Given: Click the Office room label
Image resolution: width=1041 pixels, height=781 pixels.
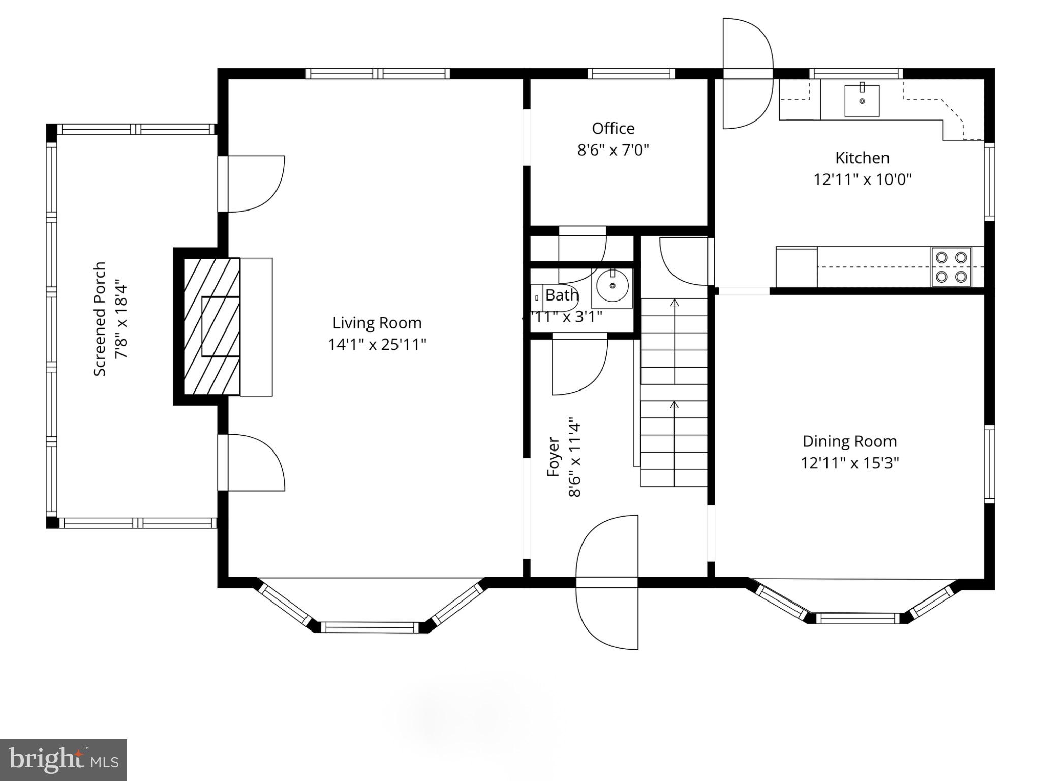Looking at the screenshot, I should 613,128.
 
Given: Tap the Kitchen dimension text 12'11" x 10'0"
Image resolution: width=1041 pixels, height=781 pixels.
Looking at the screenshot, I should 863,179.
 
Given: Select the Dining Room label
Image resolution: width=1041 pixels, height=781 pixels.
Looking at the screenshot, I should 849,441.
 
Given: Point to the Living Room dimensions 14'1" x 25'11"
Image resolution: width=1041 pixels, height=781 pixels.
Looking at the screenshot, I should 377,345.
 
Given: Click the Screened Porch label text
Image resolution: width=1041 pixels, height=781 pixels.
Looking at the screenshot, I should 100,319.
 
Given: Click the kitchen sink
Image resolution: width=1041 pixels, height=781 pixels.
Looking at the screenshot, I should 862,101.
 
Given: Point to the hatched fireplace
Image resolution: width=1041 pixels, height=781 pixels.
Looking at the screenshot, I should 211,326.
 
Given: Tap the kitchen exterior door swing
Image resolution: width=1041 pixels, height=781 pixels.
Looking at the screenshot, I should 747,74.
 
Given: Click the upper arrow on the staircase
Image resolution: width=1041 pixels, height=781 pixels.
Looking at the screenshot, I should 675,303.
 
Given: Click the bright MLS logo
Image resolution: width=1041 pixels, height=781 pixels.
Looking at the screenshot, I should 64,760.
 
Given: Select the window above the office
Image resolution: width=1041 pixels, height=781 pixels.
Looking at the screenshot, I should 631,74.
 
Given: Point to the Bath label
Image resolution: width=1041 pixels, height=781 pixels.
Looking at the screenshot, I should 562,295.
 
